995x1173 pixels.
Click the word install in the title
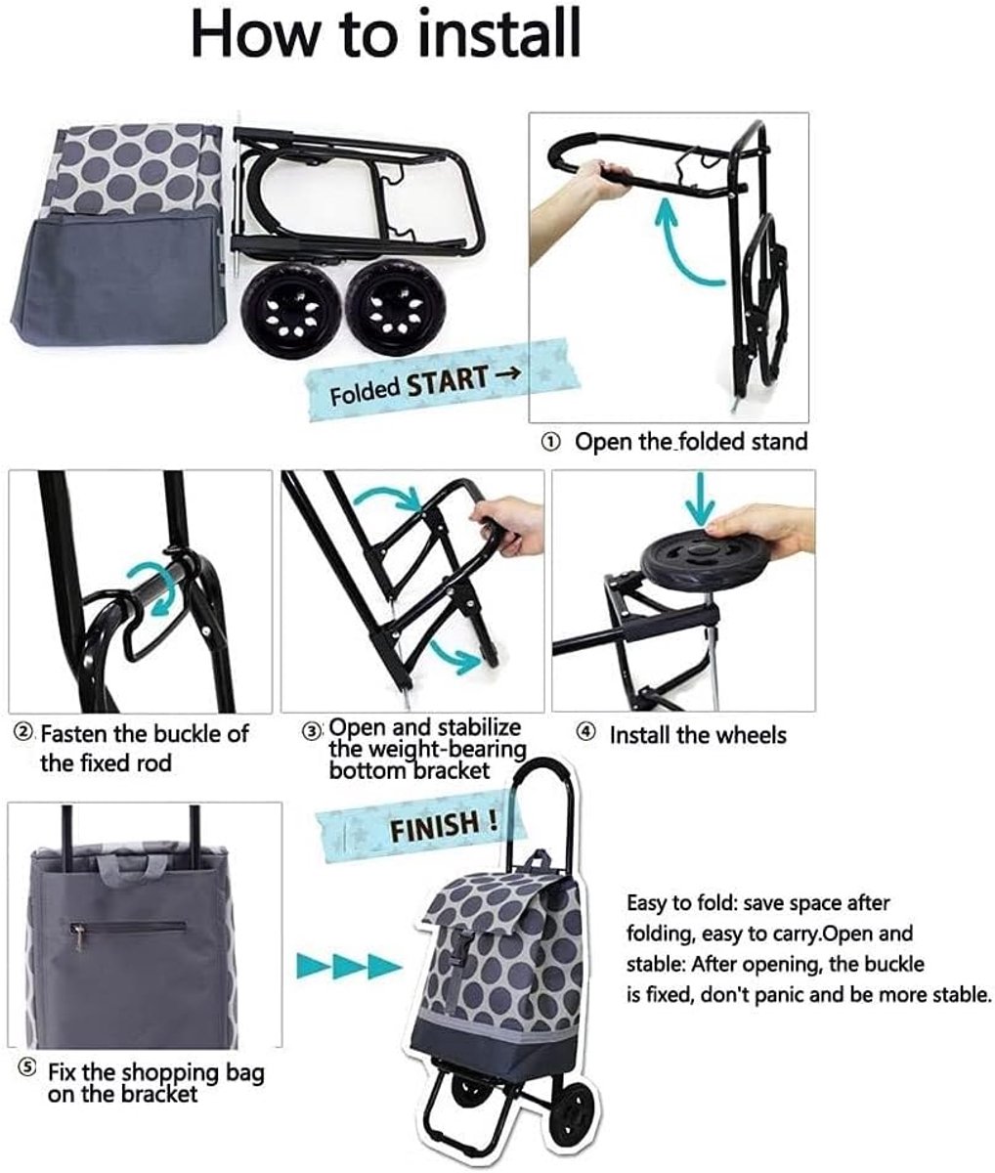point(499,33)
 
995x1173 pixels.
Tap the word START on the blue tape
point(447,382)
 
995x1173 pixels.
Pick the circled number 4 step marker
point(584,733)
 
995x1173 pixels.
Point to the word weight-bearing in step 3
point(428,750)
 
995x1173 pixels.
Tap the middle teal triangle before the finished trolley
point(350,966)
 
